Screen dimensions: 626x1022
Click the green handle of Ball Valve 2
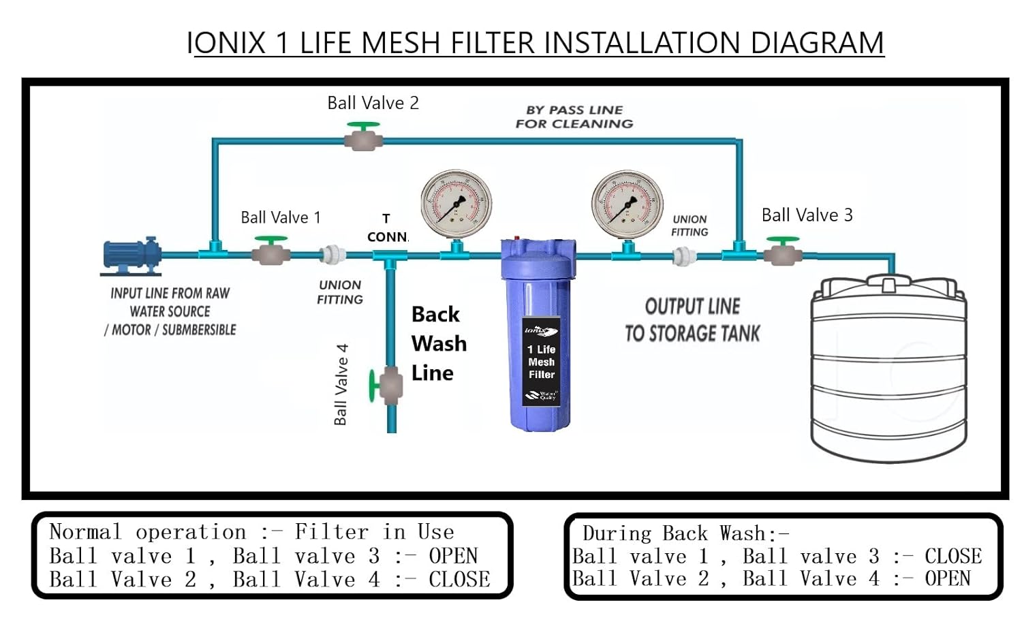(x=363, y=127)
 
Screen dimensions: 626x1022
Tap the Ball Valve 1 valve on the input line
(x=271, y=253)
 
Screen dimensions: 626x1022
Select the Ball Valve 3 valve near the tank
(x=782, y=255)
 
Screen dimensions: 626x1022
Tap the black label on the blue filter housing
(x=542, y=362)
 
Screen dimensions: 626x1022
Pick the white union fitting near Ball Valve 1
(x=334, y=255)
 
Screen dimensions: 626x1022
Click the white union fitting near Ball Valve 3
(x=681, y=256)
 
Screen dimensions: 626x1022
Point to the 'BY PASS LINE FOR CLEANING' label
(x=574, y=117)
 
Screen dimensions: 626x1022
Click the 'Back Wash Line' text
(x=438, y=343)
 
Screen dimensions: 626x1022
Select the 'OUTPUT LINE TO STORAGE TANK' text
(x=692, y=320)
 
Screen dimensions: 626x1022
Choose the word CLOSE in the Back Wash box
(x=953, y=556)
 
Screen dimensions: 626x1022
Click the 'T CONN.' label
(x=386, y=228)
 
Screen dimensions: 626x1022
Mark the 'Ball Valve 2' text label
(x=373, y=103)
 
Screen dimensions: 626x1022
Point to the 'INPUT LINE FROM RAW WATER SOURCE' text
(x=170, y=311)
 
